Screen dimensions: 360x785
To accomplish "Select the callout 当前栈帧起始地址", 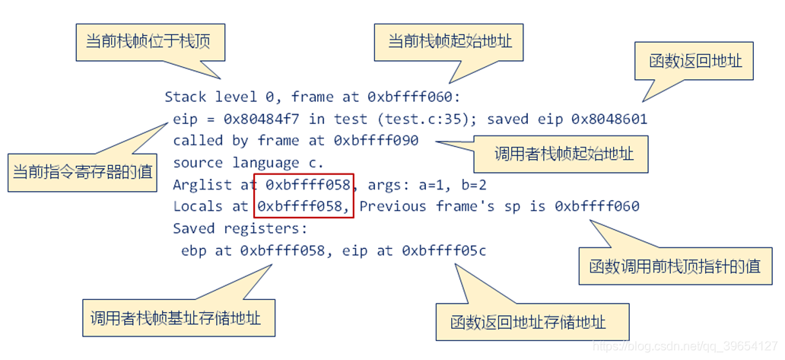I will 450,41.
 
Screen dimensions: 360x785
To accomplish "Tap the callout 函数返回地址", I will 694,61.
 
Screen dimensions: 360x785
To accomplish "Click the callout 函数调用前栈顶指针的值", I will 675,266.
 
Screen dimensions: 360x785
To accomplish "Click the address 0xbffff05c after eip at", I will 443,250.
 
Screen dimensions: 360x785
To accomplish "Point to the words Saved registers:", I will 240,228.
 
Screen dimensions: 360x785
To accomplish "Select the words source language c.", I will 248,162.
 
